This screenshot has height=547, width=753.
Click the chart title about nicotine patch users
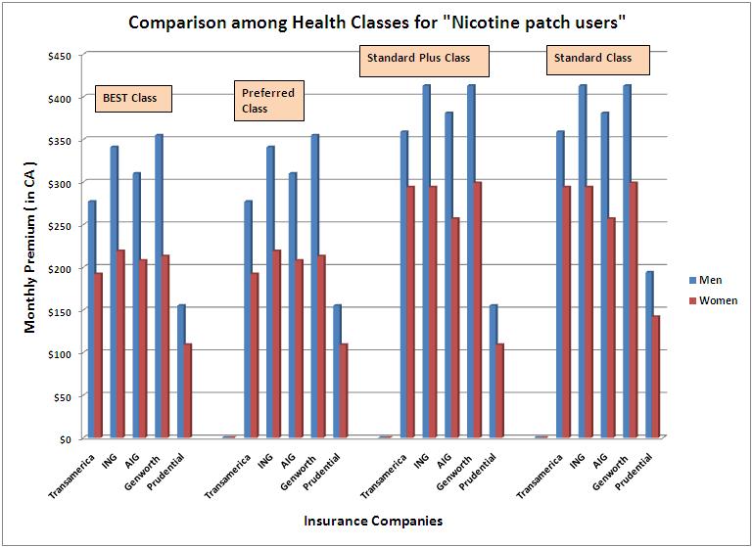tap(376, 21)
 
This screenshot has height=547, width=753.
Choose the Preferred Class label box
tap(267, 101)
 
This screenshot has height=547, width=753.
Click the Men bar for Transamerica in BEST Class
tap(92, 318)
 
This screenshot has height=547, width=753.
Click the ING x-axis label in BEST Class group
tap(110, 461)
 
